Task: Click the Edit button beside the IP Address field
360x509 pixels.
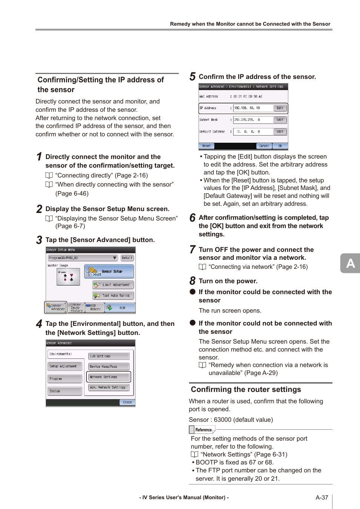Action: pos(280,108)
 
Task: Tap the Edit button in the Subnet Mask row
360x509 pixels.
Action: pos(280,120)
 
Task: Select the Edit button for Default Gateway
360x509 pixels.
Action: pos(280,132)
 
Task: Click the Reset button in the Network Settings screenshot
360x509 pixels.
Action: pos(206,146)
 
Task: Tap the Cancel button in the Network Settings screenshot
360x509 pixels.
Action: pos(264,146)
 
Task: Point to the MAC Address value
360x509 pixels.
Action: pos(248,97)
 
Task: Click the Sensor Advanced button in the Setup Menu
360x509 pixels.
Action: pos(56,307)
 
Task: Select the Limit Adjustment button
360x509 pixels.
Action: pos(113,285)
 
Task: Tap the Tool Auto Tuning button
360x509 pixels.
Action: pos(113,295)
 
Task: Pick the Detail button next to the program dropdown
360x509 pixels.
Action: pos(127,258)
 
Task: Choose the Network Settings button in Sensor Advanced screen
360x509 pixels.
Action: pos(109,377)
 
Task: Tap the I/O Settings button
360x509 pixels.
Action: pos(109,356)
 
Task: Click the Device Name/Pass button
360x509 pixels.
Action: pos(109,366)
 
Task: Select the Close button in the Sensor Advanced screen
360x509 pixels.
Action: pos(127,402)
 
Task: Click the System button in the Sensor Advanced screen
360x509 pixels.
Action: pos(65,391)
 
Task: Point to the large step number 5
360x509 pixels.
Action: pos(192,77)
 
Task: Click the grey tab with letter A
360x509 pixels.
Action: pos(350,263)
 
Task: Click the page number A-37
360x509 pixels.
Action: pos(322,498)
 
